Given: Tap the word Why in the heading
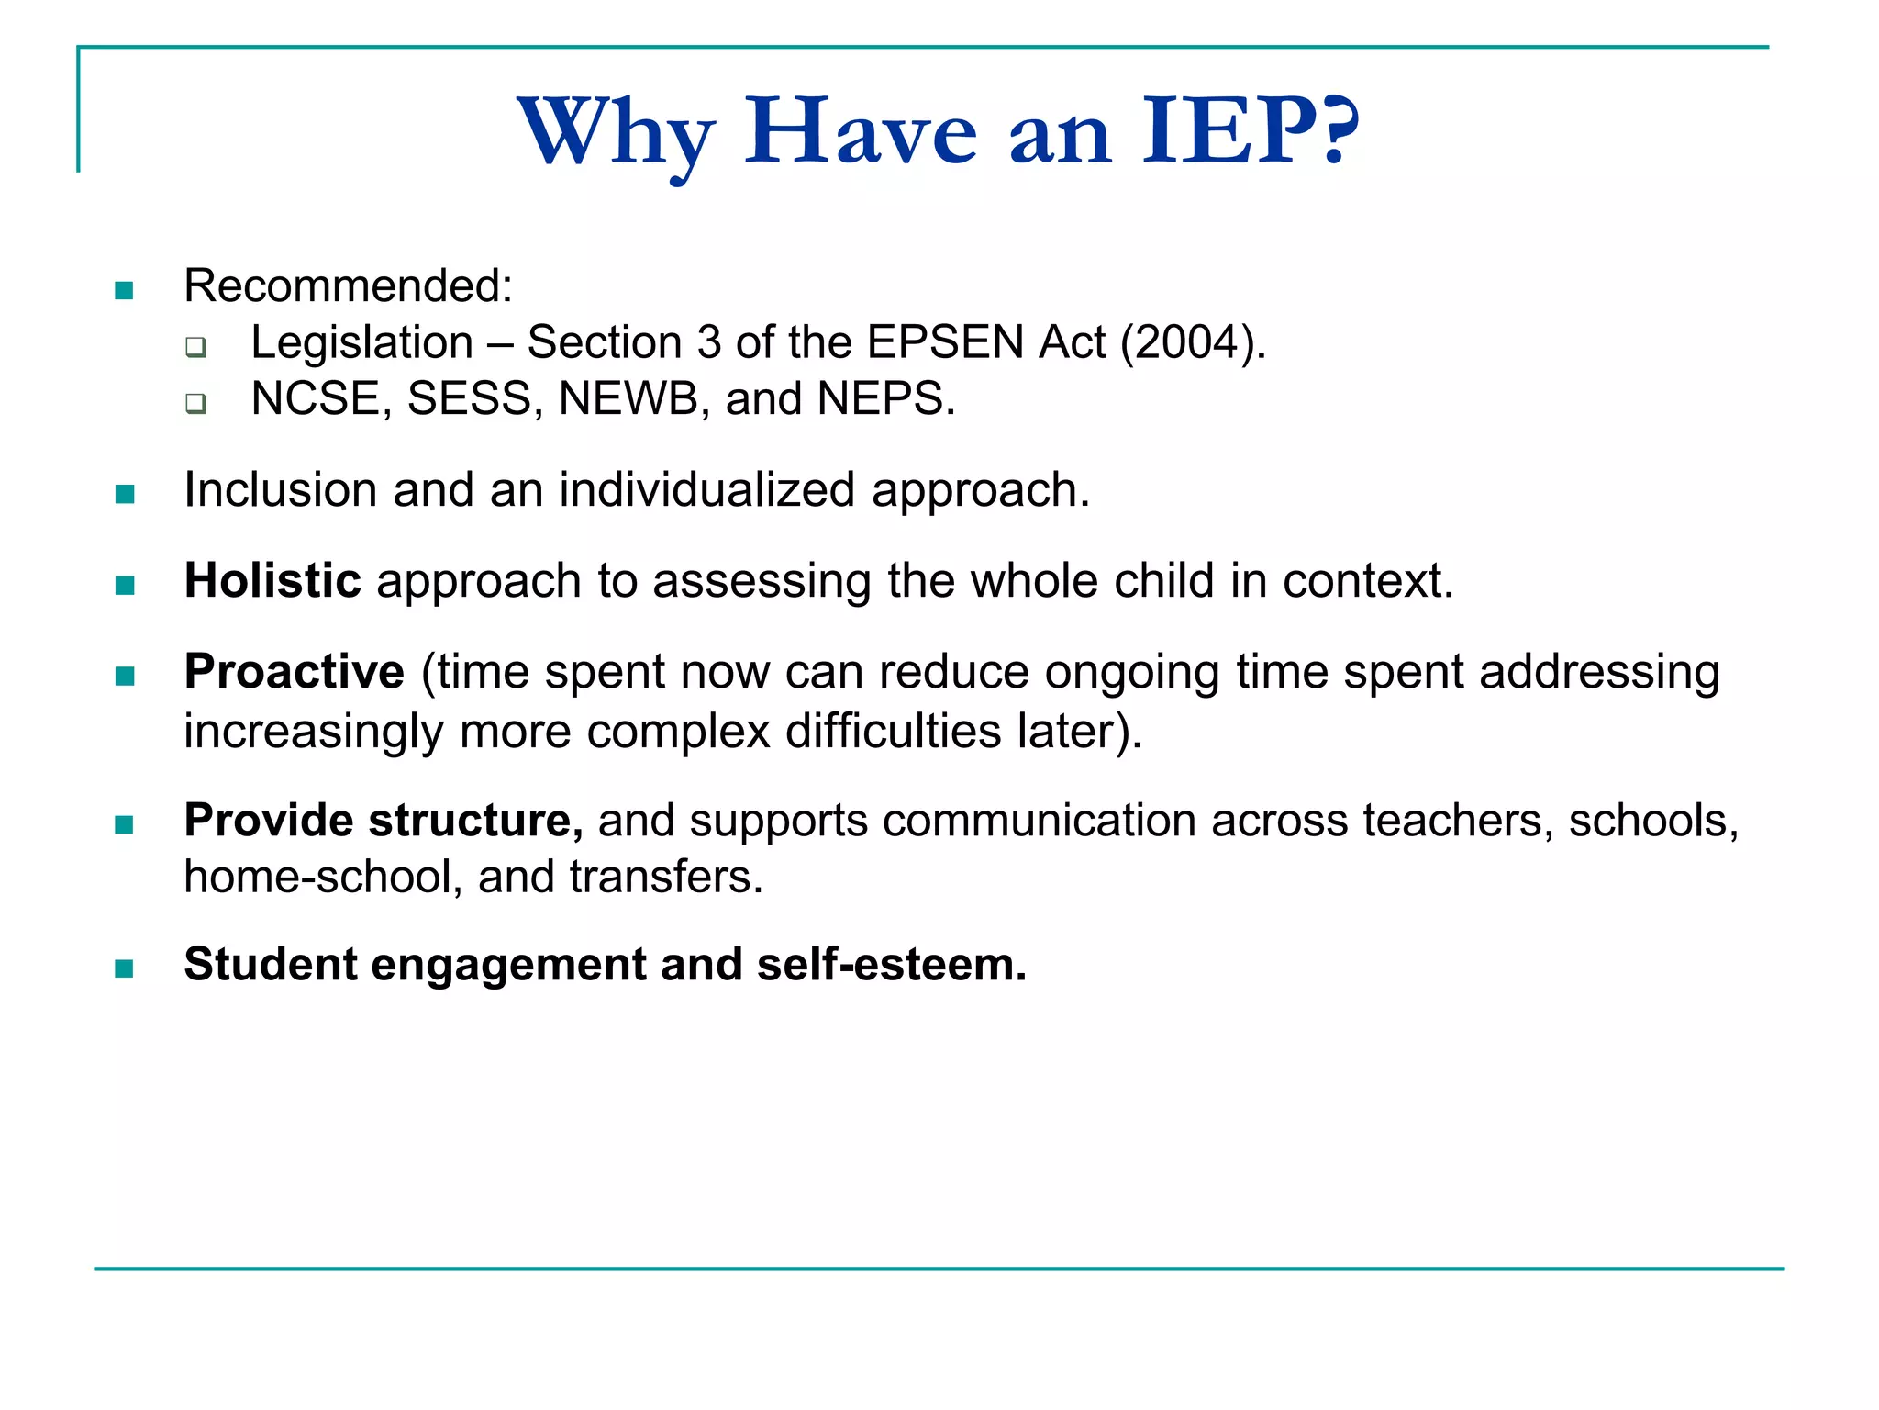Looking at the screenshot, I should tap(617, 133).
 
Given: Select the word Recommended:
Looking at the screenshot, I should tap(348, 285).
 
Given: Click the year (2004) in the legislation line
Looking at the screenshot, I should tap(1192, 342).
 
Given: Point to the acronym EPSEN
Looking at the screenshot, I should tap(945, 342).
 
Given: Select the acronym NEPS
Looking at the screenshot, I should tap(885, 399).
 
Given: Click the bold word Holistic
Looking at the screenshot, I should tap(272, 581).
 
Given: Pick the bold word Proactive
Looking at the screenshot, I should tap(294, 671).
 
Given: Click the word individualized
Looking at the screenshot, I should tap(706, 490).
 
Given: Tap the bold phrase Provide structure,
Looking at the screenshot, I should tap(383, 820).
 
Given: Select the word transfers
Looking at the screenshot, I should tap(665, 878).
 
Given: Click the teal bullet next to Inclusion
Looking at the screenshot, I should tap(125, 495).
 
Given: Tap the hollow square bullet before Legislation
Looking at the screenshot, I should tap(195, 347).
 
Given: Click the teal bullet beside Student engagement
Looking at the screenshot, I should tap(125, 968).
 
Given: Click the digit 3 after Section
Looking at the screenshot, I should tap(709, 342).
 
